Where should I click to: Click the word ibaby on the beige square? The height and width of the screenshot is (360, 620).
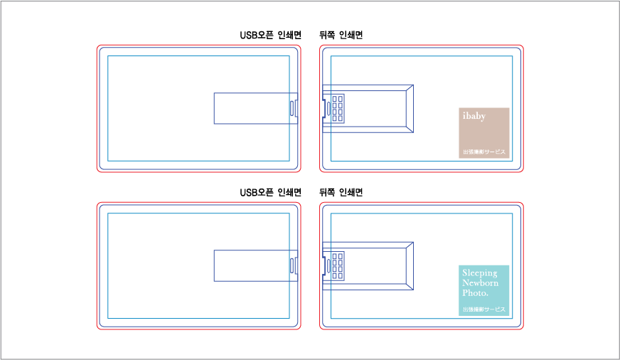474,116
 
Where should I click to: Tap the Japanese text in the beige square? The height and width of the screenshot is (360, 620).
483,152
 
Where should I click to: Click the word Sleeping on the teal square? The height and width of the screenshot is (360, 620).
480,273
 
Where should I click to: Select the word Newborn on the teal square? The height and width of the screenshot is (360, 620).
481,283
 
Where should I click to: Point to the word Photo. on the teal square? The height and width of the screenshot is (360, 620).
475,292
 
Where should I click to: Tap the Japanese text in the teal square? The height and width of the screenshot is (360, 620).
483,309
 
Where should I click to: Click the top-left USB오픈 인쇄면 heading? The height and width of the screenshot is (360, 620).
270,35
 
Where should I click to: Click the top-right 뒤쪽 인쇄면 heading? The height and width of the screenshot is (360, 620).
341,35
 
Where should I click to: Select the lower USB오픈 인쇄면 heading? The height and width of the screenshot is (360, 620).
270,193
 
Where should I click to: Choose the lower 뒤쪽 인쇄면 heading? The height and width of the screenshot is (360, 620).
341,193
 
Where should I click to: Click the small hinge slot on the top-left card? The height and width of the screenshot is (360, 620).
293,108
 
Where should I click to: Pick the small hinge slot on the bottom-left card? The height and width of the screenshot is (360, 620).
293,265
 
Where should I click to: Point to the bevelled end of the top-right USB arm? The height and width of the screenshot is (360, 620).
409,108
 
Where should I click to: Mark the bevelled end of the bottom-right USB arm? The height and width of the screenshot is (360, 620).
409,265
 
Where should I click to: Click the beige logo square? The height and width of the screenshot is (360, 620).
483,132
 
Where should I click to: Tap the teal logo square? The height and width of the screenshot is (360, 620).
483,290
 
